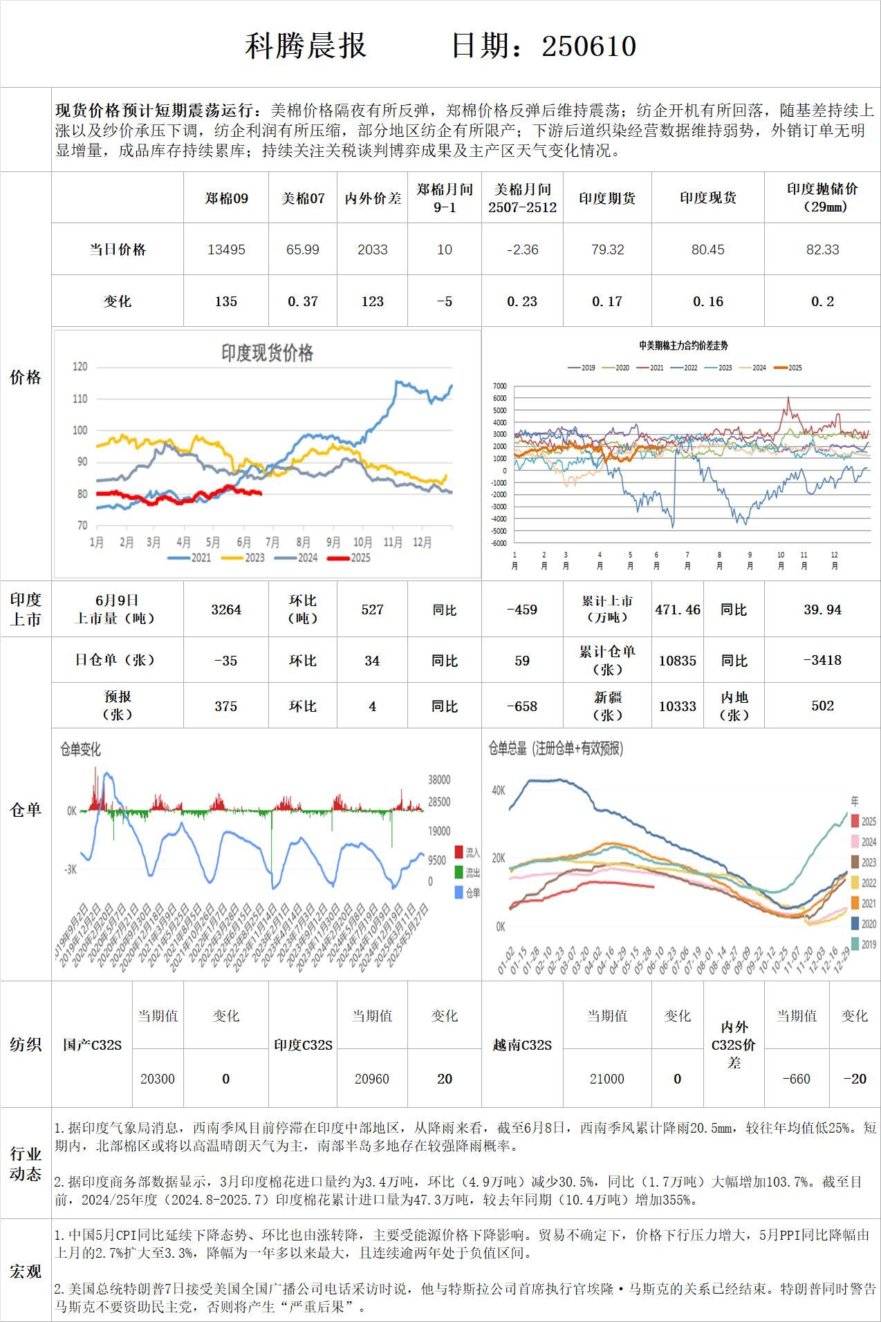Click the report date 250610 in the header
(588, 46)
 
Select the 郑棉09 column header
(226, 198)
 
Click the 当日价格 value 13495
(226, 249)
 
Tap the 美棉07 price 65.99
(303, 249)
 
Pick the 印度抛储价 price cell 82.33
(822, 249)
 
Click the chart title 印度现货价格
(267, 353)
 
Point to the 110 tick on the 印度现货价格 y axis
(80, 399)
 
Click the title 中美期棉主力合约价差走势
(683, 346)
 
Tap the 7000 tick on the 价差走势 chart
(499, 386)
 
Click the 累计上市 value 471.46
(678, 610)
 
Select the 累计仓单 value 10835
(678, 661)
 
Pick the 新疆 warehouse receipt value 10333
(678, 706)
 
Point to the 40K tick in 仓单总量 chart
(498, 790)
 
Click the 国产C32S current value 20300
(158, 1079)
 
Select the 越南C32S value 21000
(607, 1079)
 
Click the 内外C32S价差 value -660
(796, 1079)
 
